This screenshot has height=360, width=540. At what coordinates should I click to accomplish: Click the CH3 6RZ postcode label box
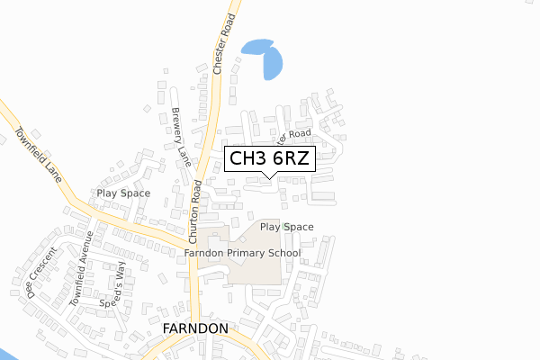pos(269,159)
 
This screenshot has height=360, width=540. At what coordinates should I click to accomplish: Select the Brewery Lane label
pos(182,137)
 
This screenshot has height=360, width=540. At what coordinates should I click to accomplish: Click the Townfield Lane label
pos(38,153)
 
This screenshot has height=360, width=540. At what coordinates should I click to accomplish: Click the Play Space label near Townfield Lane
pos(124,193)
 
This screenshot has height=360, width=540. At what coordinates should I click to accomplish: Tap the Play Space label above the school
pos(287,227)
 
